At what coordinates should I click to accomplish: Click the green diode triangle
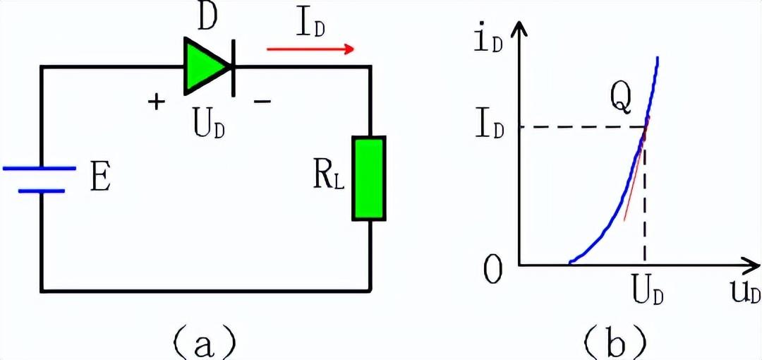point(205,66)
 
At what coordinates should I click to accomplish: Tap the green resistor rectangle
point(370,179)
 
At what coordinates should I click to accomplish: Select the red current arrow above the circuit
point(310,49)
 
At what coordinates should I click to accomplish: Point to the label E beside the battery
point(100,180)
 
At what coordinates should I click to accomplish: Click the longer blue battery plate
point(39,169)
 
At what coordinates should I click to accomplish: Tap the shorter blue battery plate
point(42,191)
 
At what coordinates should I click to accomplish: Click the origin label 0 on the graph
point(494,269)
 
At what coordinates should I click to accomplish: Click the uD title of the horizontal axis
point(745,293)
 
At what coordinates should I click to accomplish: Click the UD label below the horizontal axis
point(646,292)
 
